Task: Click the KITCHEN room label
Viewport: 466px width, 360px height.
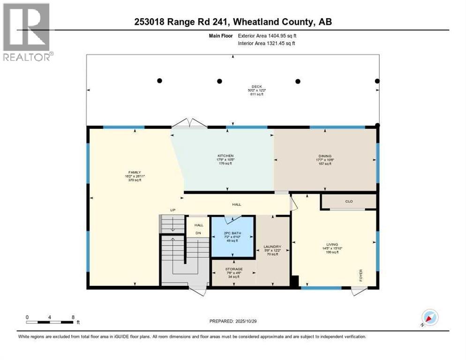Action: (225, 156)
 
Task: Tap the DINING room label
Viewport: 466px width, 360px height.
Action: (325, 156)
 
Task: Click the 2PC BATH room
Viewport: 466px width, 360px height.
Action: (233, 237)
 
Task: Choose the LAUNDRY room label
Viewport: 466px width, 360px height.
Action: (272, 247)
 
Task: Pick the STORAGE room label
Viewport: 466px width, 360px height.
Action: (233, 269)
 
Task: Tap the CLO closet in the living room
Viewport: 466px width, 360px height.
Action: (348, 202)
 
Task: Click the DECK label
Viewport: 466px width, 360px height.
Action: (256, 86)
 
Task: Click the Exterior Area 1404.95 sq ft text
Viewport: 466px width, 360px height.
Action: (267, 35)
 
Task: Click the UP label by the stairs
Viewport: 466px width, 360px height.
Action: (173, 210)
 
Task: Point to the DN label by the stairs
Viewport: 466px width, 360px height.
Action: (198, 233)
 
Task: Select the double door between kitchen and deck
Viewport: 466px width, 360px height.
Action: (189, 123)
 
